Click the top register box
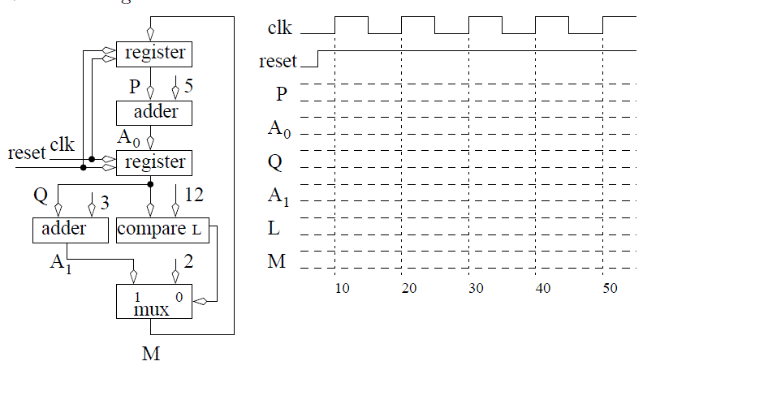point(154,54)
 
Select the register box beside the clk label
point(154,162)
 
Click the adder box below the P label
point(154,112)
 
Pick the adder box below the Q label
point(70,230)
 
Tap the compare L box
point(162,230)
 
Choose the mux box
point(154,301)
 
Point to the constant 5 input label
point(188,85)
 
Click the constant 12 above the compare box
point(194,195)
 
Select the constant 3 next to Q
point(104,200)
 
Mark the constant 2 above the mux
point(188,261)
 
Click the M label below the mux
point(151,354)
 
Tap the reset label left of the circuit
point(27,153)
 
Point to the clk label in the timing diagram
point(281,28)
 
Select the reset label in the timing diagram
point(278,62)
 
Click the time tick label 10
point(342,289)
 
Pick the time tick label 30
point(476,289)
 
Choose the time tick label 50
point(610,289)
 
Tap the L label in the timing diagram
point(275,229)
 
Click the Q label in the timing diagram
point(275,162)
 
